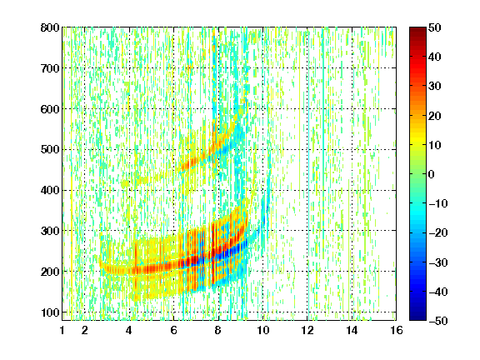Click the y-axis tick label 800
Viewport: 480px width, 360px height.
(x=50, y=27)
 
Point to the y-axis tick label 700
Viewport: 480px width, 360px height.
(x=50, y=68)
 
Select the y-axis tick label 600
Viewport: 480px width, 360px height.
(x=50, y=109)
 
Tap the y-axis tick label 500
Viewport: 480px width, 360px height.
(x=50, y=150)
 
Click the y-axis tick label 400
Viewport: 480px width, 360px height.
(x=50, y=190)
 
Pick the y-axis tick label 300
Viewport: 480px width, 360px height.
(x=50, y=231)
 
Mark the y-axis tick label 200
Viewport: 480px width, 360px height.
(x=50, y=272)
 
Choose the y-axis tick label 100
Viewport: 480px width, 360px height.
(x=50, y=312)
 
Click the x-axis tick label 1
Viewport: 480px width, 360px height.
(x=62, y=330)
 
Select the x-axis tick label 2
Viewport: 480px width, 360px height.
(x=85, y=330)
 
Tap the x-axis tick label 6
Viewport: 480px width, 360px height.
(x=173, y=330)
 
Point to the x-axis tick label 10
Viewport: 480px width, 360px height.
(x=262, y=330)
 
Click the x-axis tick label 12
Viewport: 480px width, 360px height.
(x=307, y=330)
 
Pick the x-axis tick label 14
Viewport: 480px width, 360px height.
(x=352, y=330)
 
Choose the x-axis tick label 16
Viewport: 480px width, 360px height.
(x=397, y=330)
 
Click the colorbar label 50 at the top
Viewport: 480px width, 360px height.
(x=434, y=27)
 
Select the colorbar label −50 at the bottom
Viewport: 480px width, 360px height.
(x=438, y=321)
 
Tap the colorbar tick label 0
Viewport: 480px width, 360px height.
(x=432, y=174)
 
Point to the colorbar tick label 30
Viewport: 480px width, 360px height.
(x=434, y=87)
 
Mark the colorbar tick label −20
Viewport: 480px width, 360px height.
(x=438, y=232)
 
